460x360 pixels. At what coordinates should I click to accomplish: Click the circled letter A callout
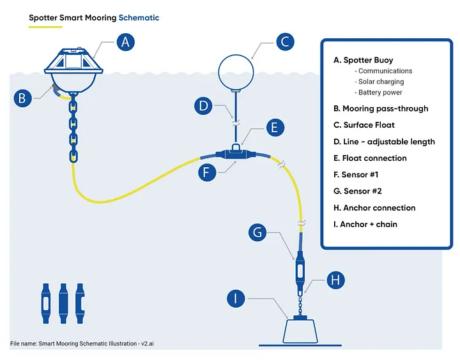coord(126,42)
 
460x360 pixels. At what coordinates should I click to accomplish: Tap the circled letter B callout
coord(23,98)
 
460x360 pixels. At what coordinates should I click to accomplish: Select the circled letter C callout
coord(286,42)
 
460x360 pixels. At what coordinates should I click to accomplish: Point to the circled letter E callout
coord(274,127)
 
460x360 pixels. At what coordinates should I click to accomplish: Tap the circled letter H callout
coord(336,279)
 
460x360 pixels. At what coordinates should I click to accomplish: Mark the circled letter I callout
coord(237,298)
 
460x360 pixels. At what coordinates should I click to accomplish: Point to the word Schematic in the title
coord(139,18)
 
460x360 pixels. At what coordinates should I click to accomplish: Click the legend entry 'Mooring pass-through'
coord(380,109)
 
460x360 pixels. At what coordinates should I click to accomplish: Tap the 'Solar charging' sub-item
coord(381,82)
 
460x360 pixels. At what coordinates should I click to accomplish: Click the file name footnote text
coord(82,344)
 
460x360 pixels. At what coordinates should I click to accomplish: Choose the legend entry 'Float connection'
coord(374,158)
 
